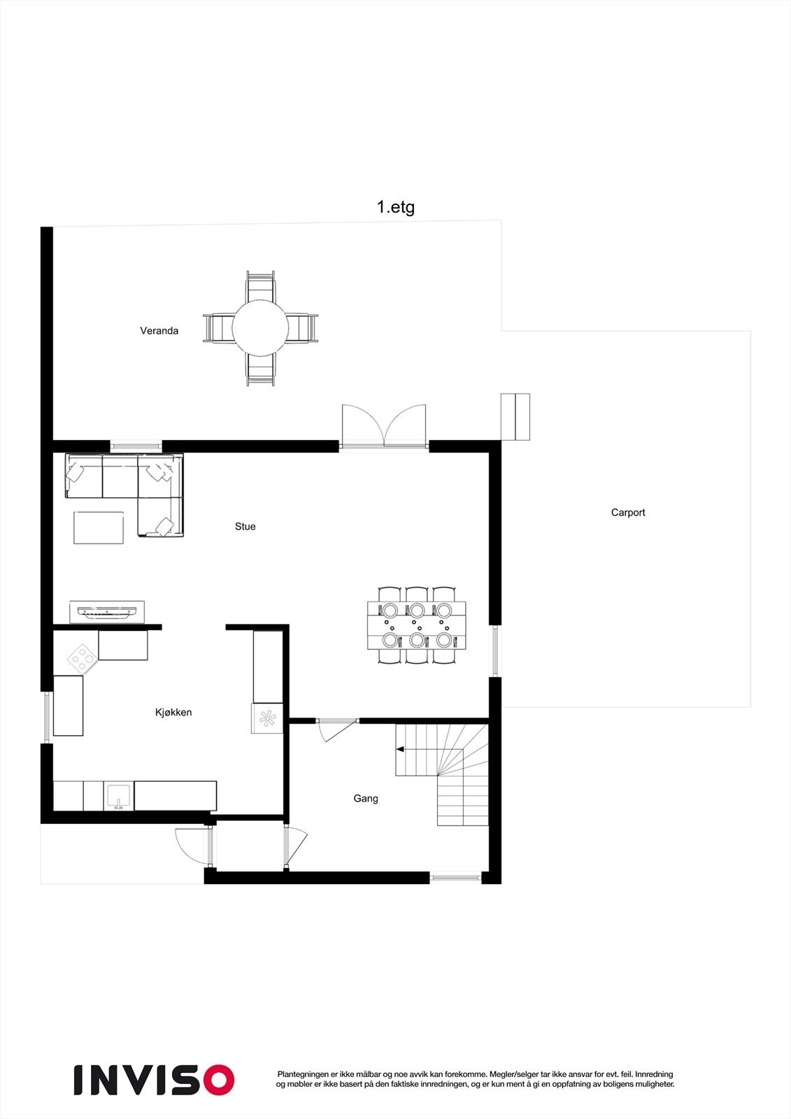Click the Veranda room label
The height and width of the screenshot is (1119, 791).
[x=159, y=331]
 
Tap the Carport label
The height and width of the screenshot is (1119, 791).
[x=628, y=513]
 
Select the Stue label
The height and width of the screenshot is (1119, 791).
[x=245, y=527]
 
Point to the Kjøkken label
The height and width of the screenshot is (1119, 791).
[x=173, y=713]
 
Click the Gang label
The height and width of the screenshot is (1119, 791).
[x=366, y=799]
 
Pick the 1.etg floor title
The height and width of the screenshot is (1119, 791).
[x=396, y=207]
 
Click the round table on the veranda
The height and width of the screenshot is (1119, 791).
[x=260, y=328]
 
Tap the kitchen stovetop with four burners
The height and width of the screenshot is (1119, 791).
[x=83, y=660]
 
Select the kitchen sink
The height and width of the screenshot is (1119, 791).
[x=119, y=797]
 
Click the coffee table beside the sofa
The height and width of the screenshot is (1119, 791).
[x=99, y=527]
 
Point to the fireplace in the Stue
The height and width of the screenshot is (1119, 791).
[x=107, y=612]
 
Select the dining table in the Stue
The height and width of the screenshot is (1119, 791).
[x=417, y=625]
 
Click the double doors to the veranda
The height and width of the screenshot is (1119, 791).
[x=384, y=425]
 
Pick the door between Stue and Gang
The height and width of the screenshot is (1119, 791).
[x=337, y=728]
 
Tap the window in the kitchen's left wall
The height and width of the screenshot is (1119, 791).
[x=46, y=717]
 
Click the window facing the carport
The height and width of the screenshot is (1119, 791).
[x=494, y=651]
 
